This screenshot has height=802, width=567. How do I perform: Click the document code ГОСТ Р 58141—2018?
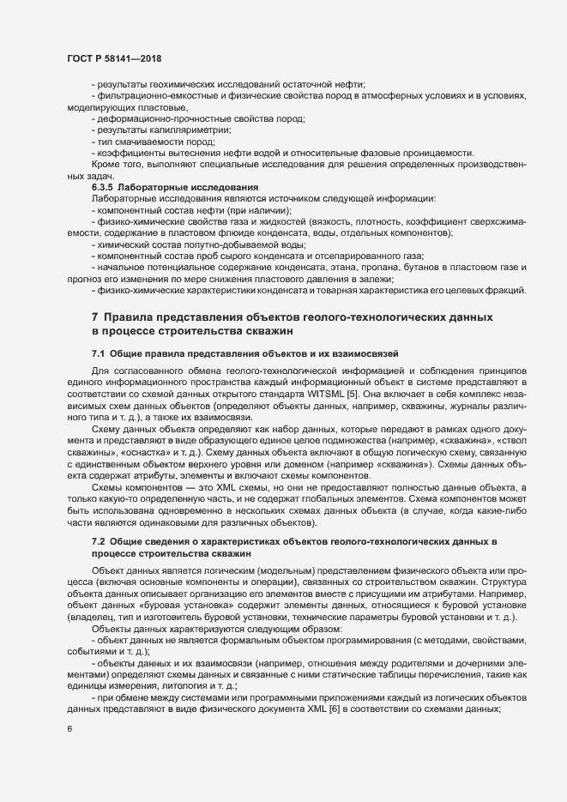tap(114, 58)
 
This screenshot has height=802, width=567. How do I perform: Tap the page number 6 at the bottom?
tap(69, 729)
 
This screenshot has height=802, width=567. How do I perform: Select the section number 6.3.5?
tap(103, 186)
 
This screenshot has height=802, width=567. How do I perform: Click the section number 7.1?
tap(98, 353)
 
